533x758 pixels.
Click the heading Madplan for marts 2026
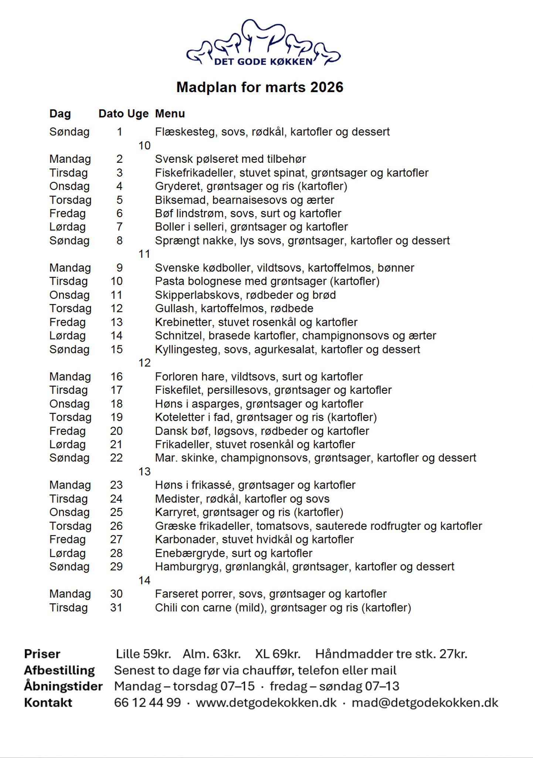260,87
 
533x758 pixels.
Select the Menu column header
170,114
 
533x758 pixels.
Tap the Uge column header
138,114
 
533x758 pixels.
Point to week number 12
144,363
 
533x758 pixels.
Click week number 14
144,580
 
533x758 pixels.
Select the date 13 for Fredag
116,322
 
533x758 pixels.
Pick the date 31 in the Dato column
116,607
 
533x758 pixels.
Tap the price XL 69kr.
278,654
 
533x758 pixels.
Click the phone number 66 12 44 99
147,702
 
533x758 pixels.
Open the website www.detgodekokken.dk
266,702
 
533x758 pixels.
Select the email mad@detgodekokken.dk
425,702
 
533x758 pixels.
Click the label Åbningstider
63,686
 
